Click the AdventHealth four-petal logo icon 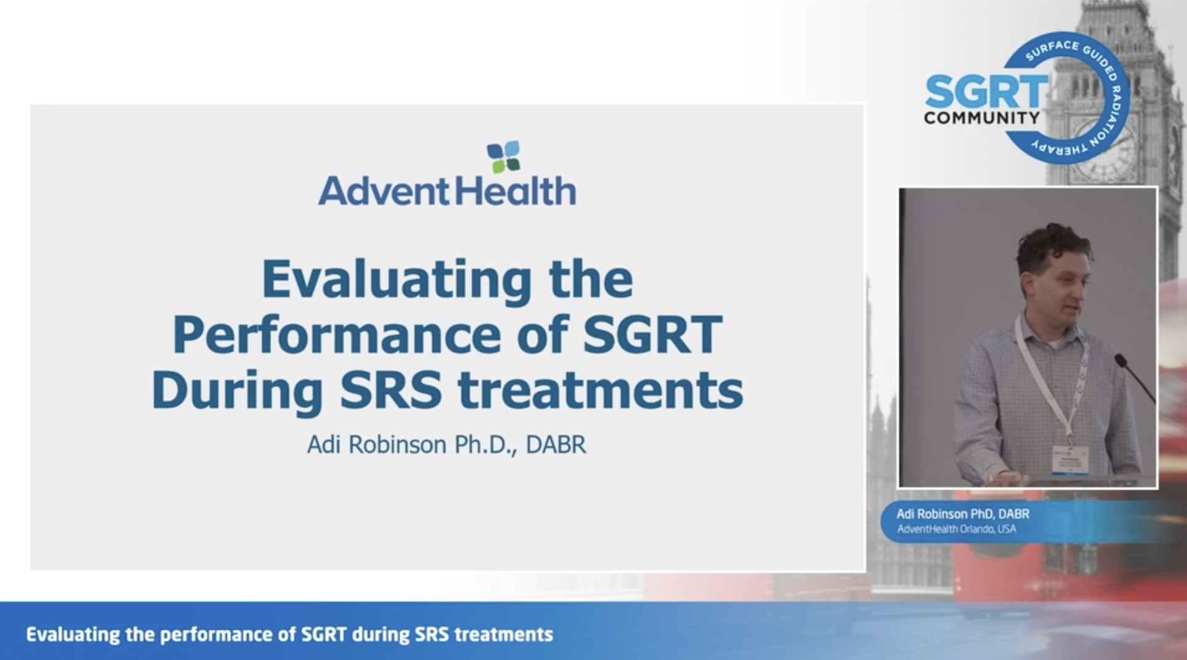coord(503,157)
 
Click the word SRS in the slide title coord(391,390)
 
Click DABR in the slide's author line coord(556,444)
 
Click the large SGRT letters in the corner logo coord(987,91)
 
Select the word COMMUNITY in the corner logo coord(982,117)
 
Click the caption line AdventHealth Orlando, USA coord(956,529)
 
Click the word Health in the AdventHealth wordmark coord(516,190)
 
